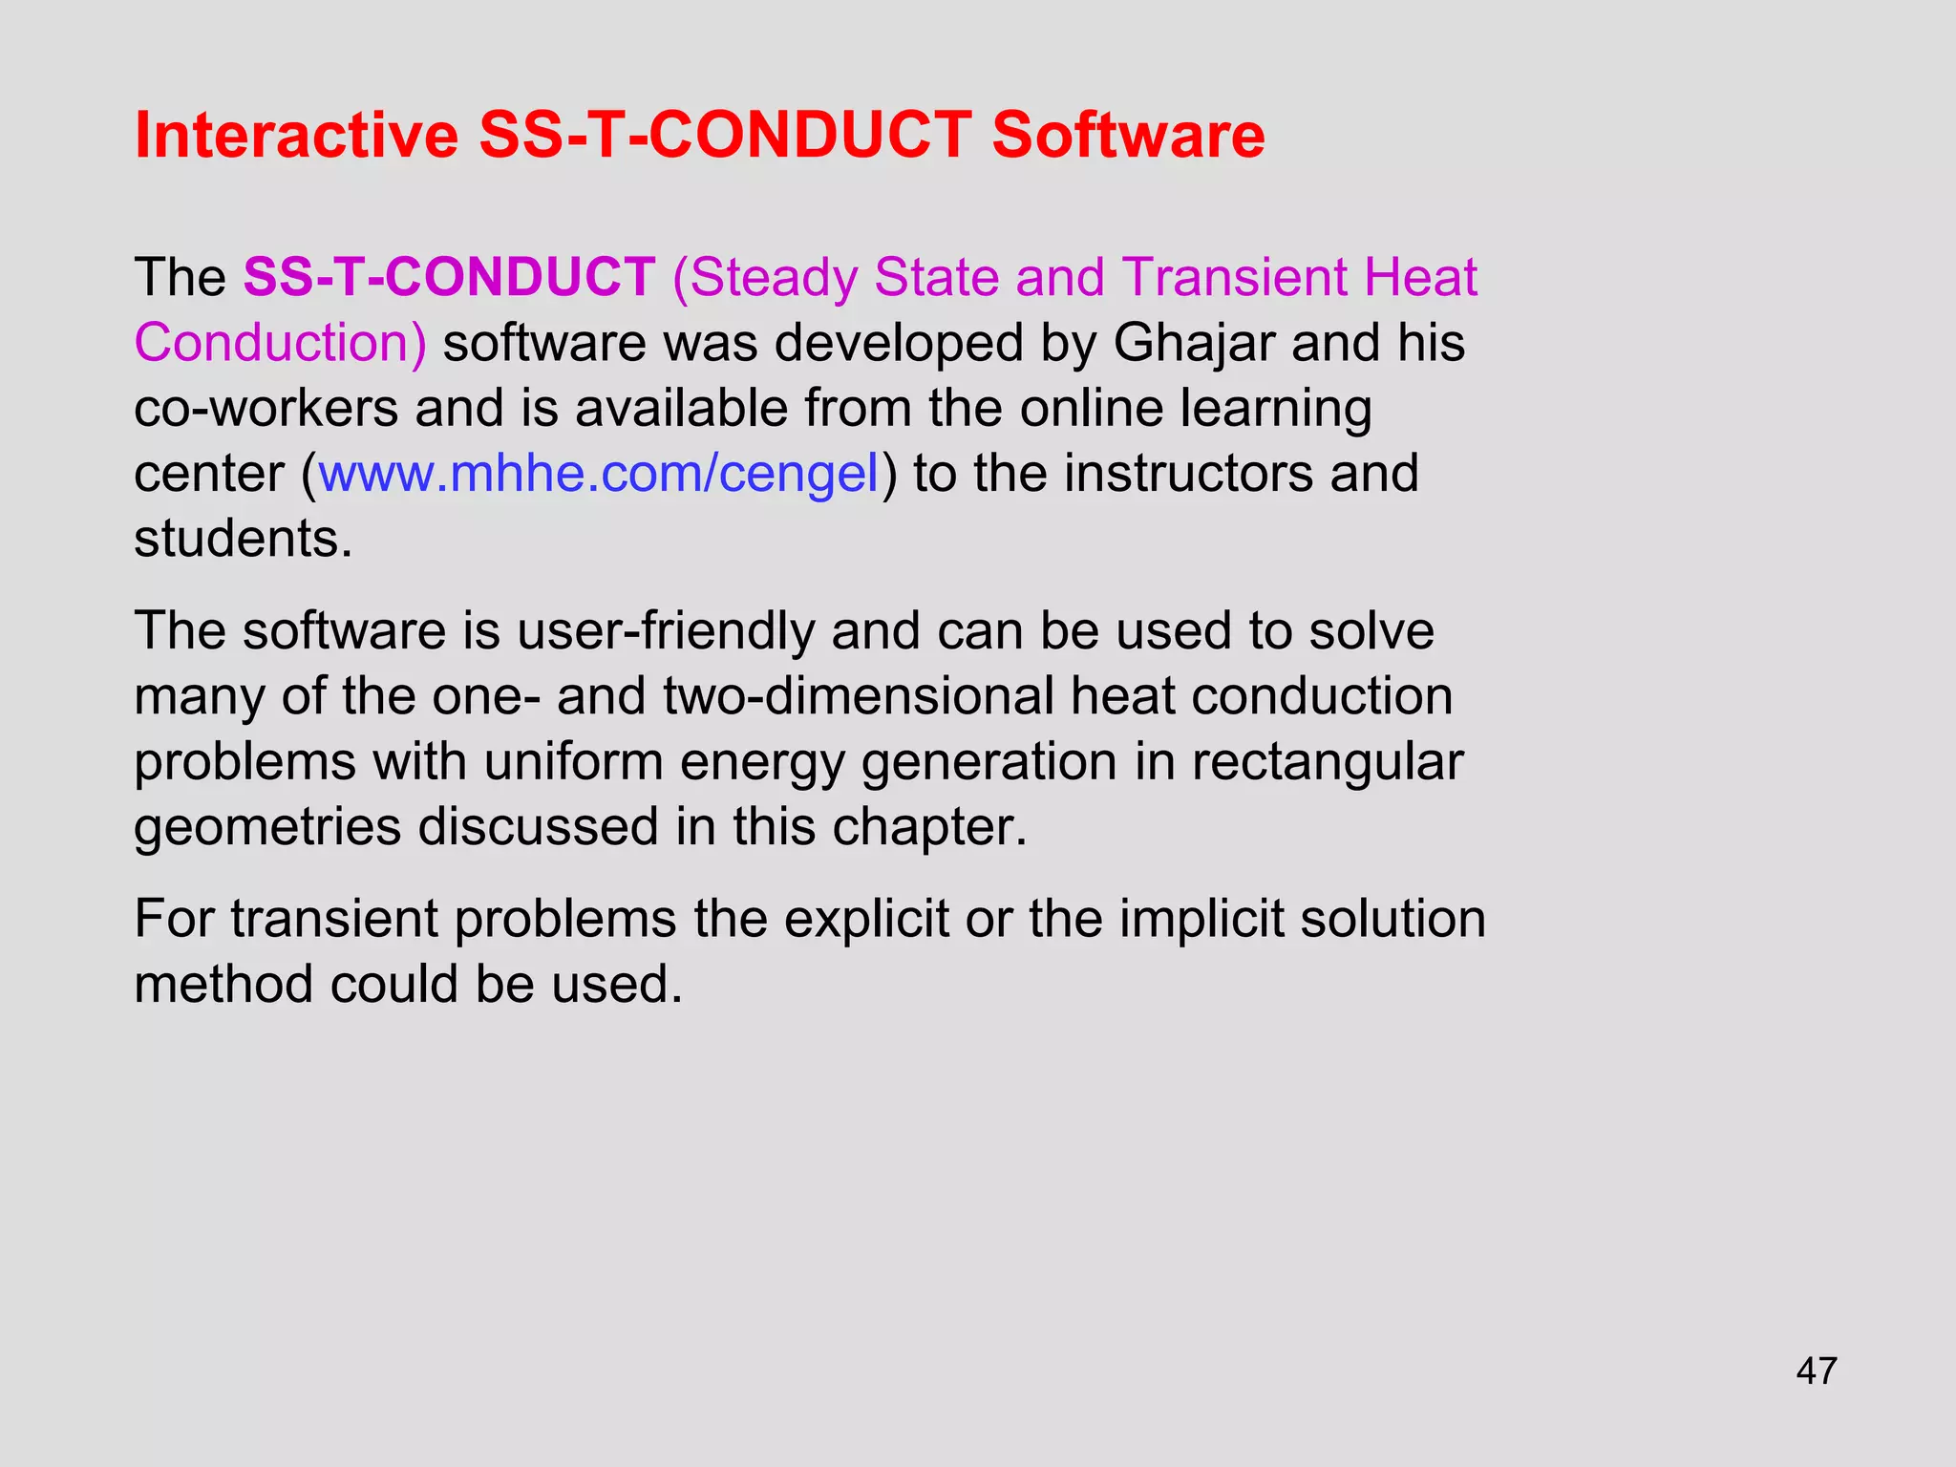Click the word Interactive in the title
296,136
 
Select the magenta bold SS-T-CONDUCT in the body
449,278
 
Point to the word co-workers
266,409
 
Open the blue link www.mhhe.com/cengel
598,474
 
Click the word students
243,539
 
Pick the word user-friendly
666,631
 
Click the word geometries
267,827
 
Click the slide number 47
1816,1371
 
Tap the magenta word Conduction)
280,343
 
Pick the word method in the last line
223,985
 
